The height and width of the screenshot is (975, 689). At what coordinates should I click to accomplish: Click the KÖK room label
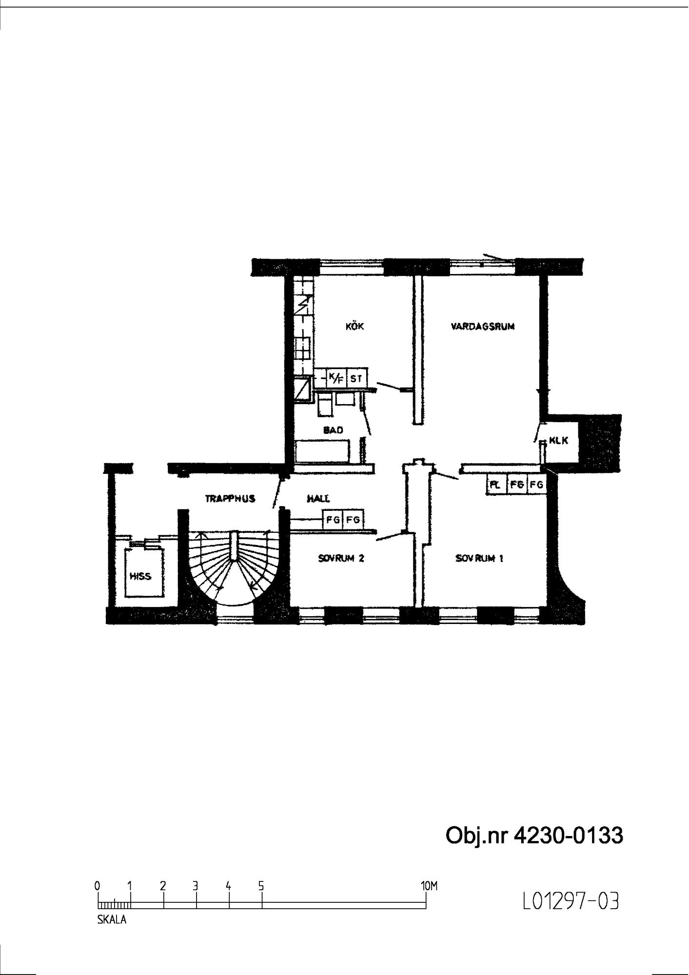(x=354, y=327)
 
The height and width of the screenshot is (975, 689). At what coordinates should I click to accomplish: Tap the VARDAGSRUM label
(x=483, y=327)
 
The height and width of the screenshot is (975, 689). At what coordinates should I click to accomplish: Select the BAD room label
(x=334, y=430)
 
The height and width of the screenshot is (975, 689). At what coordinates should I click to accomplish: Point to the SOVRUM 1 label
(x=479, y=558)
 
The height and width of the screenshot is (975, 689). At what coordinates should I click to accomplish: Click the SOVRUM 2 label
(x=341, y=558)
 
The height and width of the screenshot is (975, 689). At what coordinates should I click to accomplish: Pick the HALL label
(x=318, y=499)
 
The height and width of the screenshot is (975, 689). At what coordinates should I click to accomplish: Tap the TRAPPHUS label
(x=230, y=499)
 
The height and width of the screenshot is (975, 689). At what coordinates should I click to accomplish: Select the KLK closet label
(x=559, y=441)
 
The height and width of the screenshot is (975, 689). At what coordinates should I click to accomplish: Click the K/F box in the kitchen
(x=336, y=377)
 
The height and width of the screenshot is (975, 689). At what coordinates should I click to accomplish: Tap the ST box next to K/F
(x=355, y=377)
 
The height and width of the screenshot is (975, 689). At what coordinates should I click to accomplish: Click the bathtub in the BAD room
(x=322, y=450)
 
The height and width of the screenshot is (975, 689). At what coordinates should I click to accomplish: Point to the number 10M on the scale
(x=429, y=886)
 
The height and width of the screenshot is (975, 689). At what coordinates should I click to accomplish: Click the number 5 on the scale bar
(x=261, y=886)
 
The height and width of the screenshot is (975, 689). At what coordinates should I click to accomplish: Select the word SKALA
(x=112, y=920)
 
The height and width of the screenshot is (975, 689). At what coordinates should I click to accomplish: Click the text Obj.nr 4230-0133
(x=534, y=836)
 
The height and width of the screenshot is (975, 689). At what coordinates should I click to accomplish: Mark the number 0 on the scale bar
(x=98, y=886)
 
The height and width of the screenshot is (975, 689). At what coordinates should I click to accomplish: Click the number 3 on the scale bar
(x=196, y=886)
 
